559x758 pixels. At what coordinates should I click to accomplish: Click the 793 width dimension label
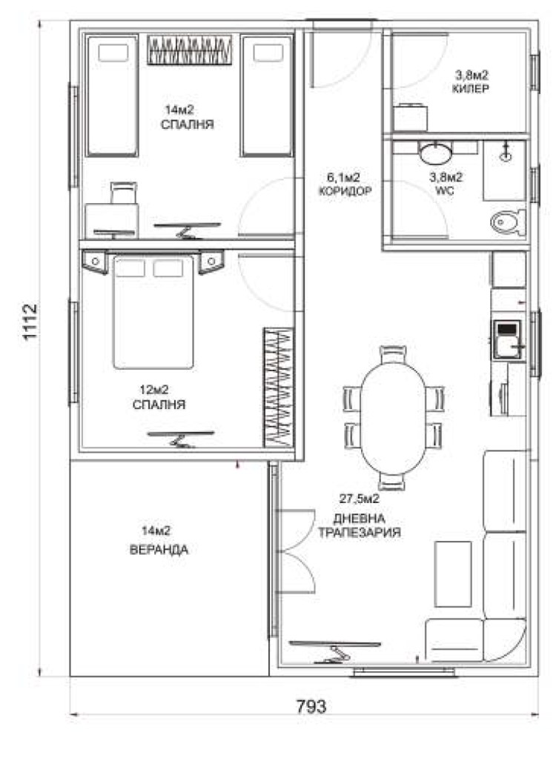click(x=311, y=706)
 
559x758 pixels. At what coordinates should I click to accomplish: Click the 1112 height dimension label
click(x=30, y=322)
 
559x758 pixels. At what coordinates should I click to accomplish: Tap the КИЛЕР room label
click(x=470, y=89)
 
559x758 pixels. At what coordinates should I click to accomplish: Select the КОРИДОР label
click(x=345, y=191)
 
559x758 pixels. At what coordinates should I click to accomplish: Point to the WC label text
click(x=445, y=191)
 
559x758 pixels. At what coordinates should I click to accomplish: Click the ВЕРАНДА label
click(x=159, y=550)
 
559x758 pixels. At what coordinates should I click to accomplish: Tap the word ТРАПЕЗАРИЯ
click(x=360, y=533)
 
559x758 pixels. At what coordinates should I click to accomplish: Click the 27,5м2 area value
click(x=360, y=499)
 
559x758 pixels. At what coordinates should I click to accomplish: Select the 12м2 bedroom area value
click(x=154, y=389)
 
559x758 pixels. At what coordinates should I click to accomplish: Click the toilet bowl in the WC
click(x=509, y=222)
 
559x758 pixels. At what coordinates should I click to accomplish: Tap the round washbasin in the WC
click(x=436, y=153)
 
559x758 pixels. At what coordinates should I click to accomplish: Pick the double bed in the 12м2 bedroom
click(x=153, y=312)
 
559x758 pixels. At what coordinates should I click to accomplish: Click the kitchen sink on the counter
click(x=507, y=340)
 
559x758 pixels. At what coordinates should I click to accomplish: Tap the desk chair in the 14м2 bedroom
click(x=124, y=193)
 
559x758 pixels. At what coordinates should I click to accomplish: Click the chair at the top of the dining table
click(x=393, y=355)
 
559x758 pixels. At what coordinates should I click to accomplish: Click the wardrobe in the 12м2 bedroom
click(x=279, y=388)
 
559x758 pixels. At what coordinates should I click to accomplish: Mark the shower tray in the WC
click(x=504, y=170)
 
